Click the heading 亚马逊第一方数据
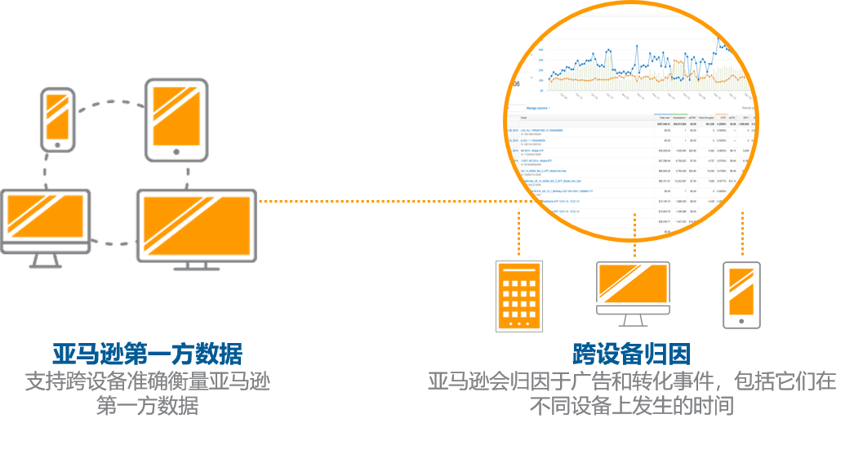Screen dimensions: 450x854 147,354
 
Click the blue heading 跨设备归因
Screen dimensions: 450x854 632,354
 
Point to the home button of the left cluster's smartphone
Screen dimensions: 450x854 57,145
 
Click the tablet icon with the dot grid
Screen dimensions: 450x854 519,296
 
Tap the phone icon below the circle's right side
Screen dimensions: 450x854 741,296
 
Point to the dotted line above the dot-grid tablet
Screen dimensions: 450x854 519,234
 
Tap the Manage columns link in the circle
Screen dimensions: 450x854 537,108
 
